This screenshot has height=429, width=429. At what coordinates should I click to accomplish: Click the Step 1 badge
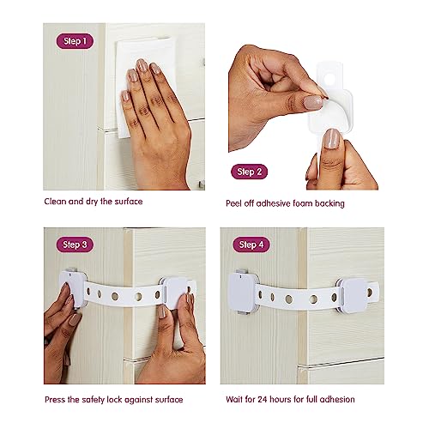pyautogui.click(x=75, y=41)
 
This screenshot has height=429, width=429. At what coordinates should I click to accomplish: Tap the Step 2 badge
pyautogui.click(x=249, y=172)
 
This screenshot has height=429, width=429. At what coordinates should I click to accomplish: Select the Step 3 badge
pyautogui.click(x=75, y=245)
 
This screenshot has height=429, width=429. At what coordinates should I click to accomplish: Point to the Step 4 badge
pyautogui.click(x=251, y=245)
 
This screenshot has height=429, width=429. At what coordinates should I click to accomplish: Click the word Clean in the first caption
pyautogui.click(x=56, y=202)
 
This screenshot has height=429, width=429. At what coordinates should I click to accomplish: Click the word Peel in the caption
pyautogui.click(x=233, y=203)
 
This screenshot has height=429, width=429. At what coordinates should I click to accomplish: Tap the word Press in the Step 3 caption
pyautogui.click(x=55, y=399)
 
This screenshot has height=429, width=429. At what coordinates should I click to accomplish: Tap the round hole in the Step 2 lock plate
pyautogui.click(x=329, y=78)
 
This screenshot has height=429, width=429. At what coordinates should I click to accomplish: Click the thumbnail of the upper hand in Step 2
pyautogui.click(x=313, y=102)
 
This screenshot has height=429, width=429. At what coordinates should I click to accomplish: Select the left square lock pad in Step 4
pyautogui.click(x=241, y=292)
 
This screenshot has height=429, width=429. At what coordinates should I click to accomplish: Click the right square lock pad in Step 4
pyautogui.click(x=354, y=294)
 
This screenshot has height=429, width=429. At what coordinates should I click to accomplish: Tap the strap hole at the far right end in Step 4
pyautogui.click(x=370, y=293)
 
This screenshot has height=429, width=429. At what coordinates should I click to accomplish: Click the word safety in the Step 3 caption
pyautogui.click(x=93, y=400)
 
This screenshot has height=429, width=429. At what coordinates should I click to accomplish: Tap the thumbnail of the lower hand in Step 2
pyautogui.click(x=332, y=139)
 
